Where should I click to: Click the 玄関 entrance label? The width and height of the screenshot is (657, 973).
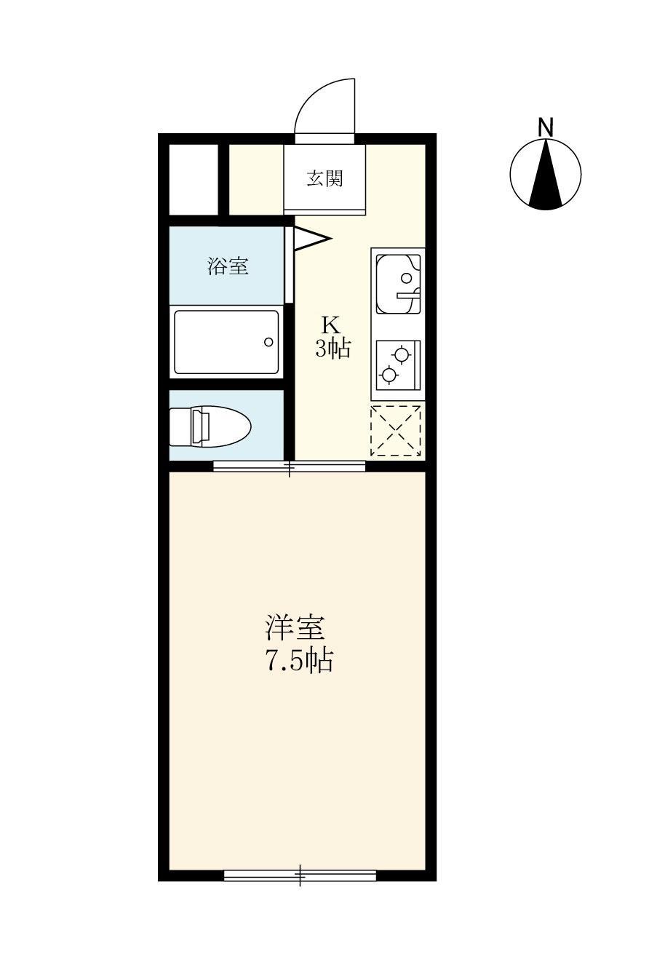(x=324, y=178)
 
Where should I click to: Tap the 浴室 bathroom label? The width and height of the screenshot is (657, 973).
(x=228, y=266)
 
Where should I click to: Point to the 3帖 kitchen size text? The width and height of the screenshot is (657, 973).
(x=333, y=349)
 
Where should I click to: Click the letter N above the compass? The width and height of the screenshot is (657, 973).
(x=546, y=127)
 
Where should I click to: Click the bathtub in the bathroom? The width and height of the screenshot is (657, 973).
(x=226, y=342)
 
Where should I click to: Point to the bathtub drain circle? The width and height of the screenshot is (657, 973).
(x=268, y=342)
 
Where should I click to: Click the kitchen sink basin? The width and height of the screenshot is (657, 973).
(x=397, y=280)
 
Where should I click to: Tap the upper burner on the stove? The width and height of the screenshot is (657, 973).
(x=400, y=354)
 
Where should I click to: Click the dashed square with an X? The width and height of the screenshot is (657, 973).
(x=396, y=430)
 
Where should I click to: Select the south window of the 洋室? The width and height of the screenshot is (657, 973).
(x=300, y=875)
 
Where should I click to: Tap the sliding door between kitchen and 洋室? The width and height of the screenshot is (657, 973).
(x=290, y=466)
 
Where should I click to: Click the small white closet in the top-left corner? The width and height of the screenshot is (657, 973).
(x=194, y=179)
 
